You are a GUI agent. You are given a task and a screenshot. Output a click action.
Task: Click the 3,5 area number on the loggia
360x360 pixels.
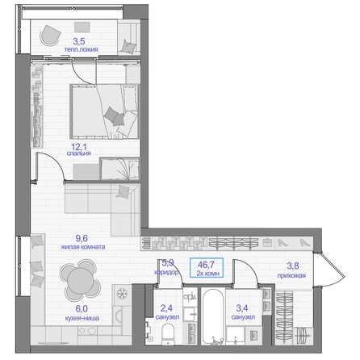coord(79,41)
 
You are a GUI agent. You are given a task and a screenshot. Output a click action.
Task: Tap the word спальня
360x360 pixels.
coord(79,153)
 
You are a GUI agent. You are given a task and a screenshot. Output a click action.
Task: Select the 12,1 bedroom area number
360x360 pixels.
coord(79,147)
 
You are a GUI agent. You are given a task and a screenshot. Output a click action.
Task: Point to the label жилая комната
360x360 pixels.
coord(82,247)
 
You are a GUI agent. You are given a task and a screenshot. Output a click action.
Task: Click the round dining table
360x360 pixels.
coord(80,280)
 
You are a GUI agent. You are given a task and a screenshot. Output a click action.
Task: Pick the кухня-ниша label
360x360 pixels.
coord(82,318)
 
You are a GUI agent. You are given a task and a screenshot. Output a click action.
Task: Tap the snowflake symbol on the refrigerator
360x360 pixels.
coord(122,294)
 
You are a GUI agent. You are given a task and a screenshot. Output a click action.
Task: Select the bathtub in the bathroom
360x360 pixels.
coord(213,316)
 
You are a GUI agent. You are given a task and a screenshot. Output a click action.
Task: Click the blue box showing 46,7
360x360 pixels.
coord(207,267)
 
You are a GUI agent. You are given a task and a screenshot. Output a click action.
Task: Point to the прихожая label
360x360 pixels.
coord(291,275)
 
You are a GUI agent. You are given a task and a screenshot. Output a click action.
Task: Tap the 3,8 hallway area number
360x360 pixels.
coord(293,266)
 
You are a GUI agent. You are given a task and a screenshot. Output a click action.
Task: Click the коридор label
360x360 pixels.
coord(166,272)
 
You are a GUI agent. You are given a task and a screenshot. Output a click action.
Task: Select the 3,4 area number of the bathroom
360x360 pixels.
coord(242,308)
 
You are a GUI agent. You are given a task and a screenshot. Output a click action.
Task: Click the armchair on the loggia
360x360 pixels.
coord(50,36)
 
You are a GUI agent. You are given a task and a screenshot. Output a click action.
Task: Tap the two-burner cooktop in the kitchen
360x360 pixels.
coord(87,330)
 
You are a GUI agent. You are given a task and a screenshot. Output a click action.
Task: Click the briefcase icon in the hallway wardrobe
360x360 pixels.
coord(267,243)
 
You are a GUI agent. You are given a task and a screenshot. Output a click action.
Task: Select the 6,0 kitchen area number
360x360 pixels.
coord(82,309)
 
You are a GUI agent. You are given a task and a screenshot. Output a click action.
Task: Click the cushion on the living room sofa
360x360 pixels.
coord(123,191)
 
